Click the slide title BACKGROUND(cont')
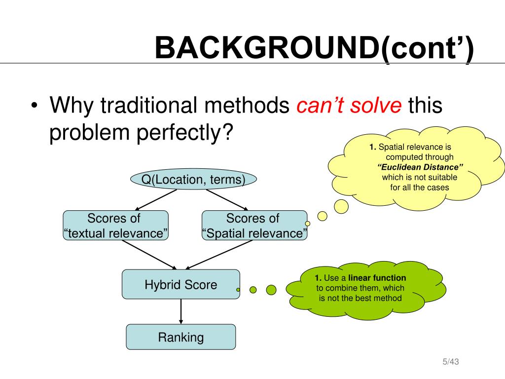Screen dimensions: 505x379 point(314,48)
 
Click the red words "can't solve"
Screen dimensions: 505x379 point(349,106)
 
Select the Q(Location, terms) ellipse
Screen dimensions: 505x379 point(193,179)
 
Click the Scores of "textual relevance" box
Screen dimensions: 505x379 point(115,225)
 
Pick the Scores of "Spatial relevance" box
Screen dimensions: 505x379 point(254,225)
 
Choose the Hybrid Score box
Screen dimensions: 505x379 point(181,284)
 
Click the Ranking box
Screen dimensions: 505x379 point(181,337)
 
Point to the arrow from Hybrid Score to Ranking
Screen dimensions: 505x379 point(181,311)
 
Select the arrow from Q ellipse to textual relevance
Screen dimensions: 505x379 point(156,200)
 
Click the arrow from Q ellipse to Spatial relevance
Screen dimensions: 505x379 point(227,200)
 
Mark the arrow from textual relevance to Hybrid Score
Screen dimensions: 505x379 point(149,255)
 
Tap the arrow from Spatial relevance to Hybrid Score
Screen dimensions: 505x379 point(219,255)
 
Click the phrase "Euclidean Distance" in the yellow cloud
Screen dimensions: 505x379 point(420,167)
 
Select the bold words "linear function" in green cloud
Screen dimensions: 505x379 point(377,278)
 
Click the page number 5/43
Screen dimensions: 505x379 point(451,362)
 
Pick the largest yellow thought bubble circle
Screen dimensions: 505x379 point(341,206)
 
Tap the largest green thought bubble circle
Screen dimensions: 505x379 point(271,290)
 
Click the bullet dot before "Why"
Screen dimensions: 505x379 point(35,106)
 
